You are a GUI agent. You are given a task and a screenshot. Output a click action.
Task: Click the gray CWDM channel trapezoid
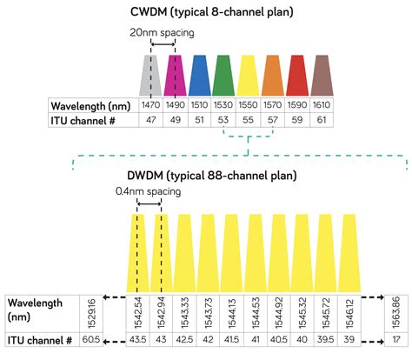click(x=150, y=76)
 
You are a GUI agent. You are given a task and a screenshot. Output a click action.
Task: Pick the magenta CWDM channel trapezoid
click(x=174, y=76)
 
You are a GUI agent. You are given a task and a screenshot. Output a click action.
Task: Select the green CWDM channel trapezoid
click(x=223, y=76)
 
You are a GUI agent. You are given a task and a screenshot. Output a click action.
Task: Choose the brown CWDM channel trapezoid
click(x=322, y=76)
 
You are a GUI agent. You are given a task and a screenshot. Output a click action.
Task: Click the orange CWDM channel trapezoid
click(x=273, y=76)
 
